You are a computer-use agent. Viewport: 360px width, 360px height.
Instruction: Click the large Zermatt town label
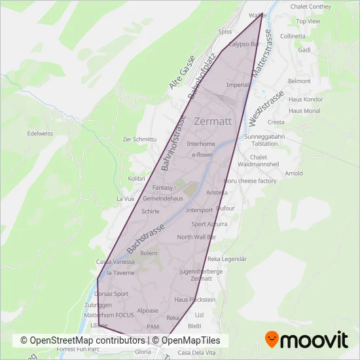[x=213, y=121]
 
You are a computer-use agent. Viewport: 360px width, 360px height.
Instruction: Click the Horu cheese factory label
[x=250, y=181]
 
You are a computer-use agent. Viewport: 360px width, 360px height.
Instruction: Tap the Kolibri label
[x=136, y=178]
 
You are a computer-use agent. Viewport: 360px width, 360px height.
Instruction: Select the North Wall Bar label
[x=196, y=237]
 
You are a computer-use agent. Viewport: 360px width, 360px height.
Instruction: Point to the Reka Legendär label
[x=226, y=259]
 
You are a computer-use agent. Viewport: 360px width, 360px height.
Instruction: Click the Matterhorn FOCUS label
[x=109, y=315]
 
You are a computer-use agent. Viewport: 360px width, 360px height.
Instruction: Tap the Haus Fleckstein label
[x=194, y=299]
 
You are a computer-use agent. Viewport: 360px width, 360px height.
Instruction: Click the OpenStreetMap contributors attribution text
[x=83, y=340]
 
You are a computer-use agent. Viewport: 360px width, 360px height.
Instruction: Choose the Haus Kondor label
[x=306, y=99]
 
